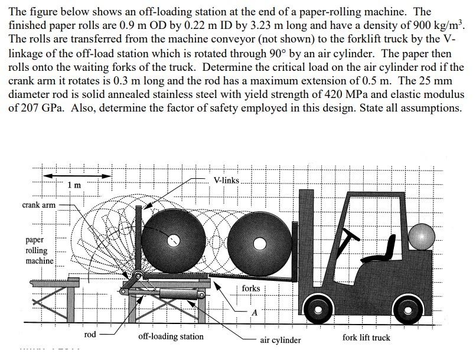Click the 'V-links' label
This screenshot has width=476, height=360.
click(x=226, y=179)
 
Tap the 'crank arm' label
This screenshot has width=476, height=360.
click(x=38, y=205)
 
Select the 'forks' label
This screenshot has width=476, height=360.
click(x=250, y=288)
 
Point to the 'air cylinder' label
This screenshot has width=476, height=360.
click(x=281, y=340)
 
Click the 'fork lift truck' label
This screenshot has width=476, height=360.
click(x=366, y=338)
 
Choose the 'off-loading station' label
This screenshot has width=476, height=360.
click(x=171, y=336)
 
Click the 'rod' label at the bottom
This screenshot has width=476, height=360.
click(x=90, y=335)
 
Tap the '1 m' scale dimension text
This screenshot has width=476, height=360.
click(x=74, y=185)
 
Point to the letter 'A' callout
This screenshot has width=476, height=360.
click(x=254, y=312)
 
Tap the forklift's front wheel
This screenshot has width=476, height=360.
click(x=318, y=307)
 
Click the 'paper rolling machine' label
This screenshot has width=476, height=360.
click(x=40, y=250)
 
